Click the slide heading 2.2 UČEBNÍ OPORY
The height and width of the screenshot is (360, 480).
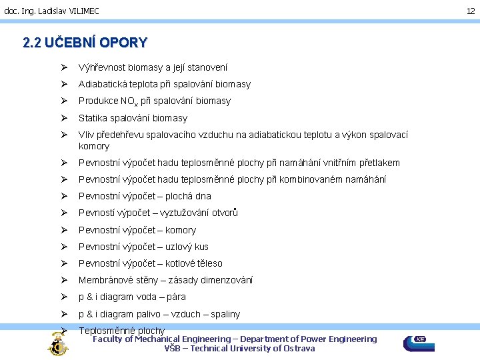point(85,43)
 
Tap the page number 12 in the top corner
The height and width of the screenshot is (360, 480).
point(470,11)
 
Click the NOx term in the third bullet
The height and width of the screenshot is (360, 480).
point(129,101)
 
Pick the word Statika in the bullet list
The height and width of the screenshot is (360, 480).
point(93,118)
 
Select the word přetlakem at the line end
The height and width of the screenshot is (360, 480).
point(379,163)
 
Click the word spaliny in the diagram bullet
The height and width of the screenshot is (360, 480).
point(225,314)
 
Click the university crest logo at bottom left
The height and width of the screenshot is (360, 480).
point(57,344)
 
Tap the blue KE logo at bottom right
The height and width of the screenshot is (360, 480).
point(419,343)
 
